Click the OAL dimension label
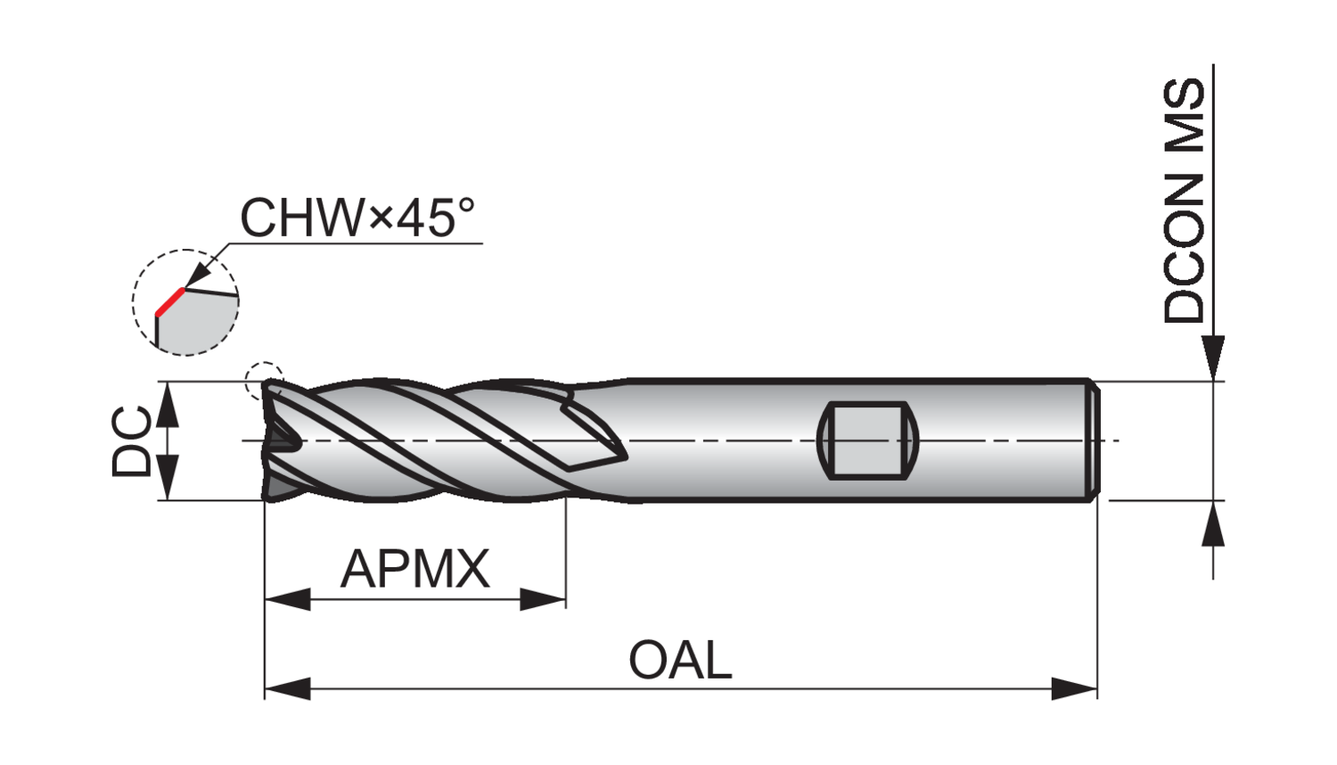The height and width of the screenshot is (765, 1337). pyautogui.click(x=680, y=661)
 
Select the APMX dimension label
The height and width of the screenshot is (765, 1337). pyautogui.click(x=415, y=569)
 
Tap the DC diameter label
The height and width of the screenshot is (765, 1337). pyautogui.click(x=132, y=440)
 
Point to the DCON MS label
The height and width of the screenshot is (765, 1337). pyautogui.click(x=1185, y=201)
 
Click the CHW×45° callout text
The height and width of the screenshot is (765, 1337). pyautogui.click(x=357, y=217)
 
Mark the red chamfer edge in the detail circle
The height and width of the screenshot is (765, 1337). pyautogui.click(x=169, y=302)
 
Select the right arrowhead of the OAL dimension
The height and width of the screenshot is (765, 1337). pyautogui.click(x=1075, y=688)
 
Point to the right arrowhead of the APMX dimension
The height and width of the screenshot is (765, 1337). pyautogui.click(x=544, y=599)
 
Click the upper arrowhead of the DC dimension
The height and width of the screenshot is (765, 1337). pyautogui.click(x=168, y=403)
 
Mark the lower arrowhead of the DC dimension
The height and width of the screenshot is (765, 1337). pyautogui.click(x=168, y=479)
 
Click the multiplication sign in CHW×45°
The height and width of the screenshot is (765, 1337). pyautogui.click(x=380, y=218)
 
